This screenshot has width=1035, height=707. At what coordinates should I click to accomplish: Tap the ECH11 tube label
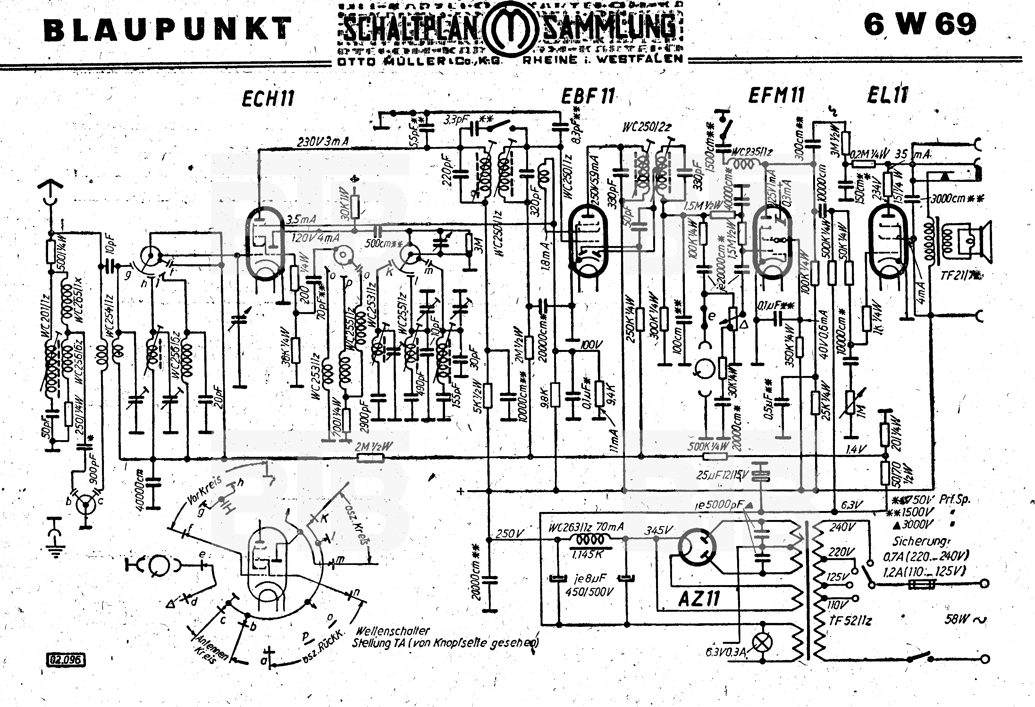268,98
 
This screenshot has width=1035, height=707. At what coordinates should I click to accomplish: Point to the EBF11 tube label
587,96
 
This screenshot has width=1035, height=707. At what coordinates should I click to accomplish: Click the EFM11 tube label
776,95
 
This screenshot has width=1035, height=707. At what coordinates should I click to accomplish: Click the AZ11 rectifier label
699,598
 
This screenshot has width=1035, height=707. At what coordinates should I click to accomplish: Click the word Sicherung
921,541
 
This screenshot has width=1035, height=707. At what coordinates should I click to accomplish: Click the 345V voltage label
658,530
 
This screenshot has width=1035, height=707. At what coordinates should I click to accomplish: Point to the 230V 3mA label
323,142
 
